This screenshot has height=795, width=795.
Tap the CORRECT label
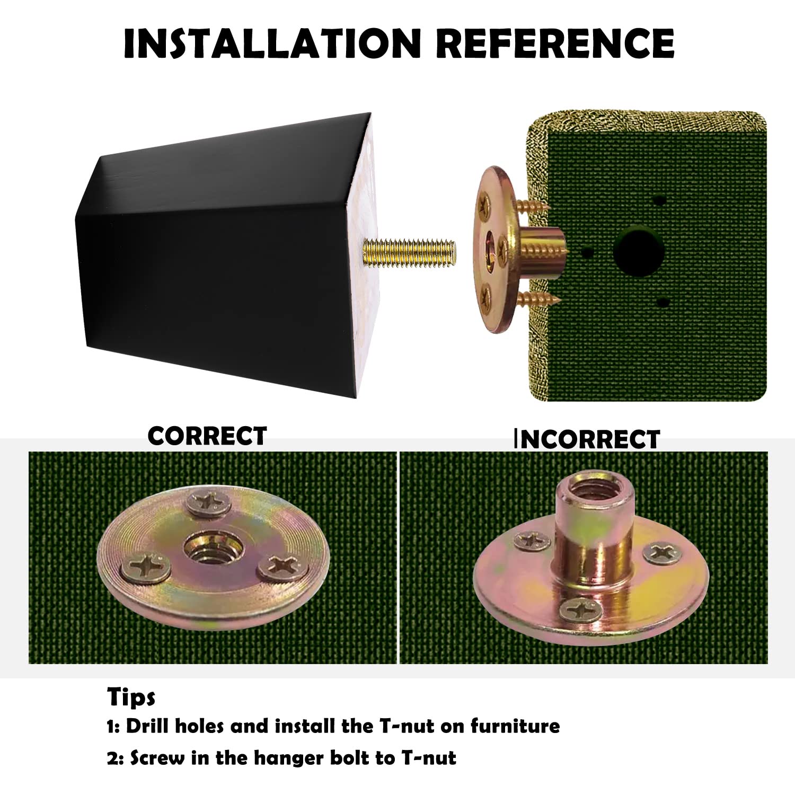pyautogui.click(x=207, y=436)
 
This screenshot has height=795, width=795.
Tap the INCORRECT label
pyautogui.click(x=587, y=439)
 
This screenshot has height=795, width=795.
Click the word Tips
pyautogui.click(x=131, y=697)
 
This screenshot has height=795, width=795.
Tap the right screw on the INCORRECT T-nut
pyautogui.click(x=662, y=553)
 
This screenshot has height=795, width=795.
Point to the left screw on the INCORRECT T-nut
pyautogui.click(x=532, y=541)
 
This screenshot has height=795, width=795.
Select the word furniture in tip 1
pyautogui.click(x=515, y=726)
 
